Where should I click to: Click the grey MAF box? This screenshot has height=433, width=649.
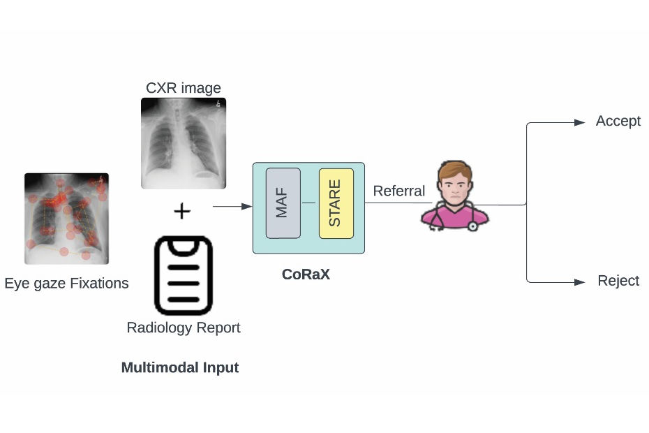(x=283, y=203)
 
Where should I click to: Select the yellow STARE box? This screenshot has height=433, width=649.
(x=336, y=203)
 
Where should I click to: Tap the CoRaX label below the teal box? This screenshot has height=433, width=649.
(x=306, y=274)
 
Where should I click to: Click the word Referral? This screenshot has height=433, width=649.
(x=398, y=191)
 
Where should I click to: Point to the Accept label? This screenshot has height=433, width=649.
(x=618, y=121)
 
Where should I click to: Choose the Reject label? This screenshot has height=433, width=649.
(x=618, y=281)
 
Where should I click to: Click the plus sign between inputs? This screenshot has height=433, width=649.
(x=182, y=210)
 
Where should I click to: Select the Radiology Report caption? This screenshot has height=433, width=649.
(x=184, y=328)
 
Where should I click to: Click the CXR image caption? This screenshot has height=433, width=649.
(x=184, y=88)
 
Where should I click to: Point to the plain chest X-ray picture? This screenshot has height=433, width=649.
(x=183, y=142)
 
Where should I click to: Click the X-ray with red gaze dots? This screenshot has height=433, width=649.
(x=66, y=218)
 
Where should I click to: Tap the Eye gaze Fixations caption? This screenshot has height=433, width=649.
(x=66, y=284)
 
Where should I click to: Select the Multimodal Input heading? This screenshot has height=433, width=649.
(x=180, y=367)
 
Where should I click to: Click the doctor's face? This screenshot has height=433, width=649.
(x=455, y=186)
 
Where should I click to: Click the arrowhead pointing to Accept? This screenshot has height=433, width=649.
(x=579, y=122)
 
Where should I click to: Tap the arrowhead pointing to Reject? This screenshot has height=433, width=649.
(x=579, y=282)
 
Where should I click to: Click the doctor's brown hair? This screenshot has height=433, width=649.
(x=455, y=168)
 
